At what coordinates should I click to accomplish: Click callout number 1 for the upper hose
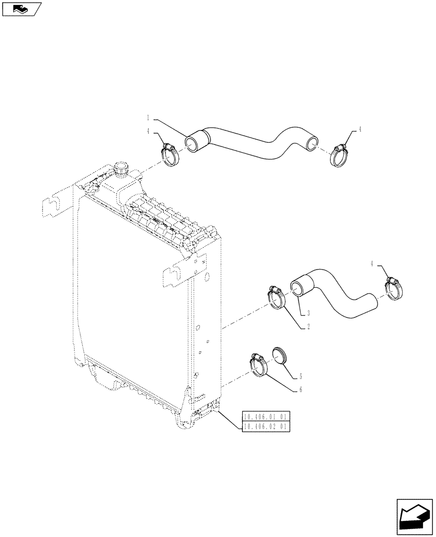point(147,117)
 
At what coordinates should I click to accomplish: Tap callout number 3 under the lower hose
point(308,313)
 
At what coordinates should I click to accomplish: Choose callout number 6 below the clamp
point(301,389)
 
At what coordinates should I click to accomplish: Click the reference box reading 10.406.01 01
point(266,417)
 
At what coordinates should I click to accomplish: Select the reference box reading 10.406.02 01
point(266,426)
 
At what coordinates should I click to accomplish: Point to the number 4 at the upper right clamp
point(360,129)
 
